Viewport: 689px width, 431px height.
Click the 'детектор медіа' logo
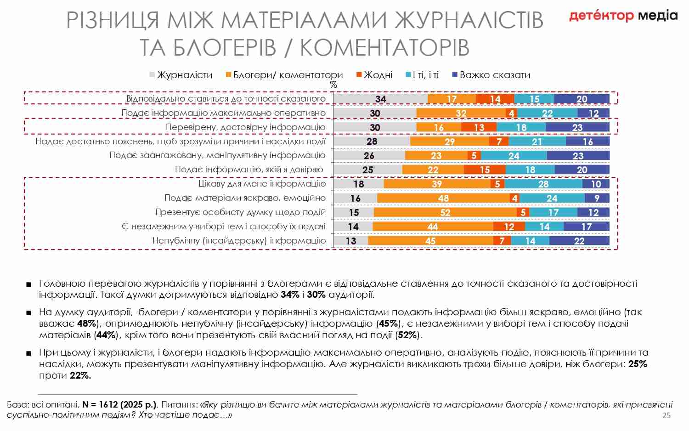tap(623, 16)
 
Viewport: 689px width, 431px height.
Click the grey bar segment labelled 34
tap(380, 99)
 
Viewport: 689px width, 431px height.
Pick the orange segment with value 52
tap(445, 212)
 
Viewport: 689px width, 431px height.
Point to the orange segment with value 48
tap(443, 198)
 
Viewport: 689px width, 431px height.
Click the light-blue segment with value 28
tap(543, 184)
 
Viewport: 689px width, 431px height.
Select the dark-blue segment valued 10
tap(596, 184)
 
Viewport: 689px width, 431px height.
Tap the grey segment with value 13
tap(351, 241)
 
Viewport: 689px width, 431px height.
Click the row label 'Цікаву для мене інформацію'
tap(262, 184)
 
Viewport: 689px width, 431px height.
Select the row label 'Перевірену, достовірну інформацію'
tap(245, 127)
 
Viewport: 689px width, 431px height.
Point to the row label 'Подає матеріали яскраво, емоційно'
tap(245, 198)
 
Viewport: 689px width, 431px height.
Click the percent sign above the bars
tap(333, 85)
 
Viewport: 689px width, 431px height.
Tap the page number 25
tap(666, 415)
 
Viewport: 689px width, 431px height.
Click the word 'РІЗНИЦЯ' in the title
tap(113, 21)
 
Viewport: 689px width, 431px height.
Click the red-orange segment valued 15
tap(485, 170)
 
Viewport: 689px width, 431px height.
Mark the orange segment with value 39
tap(437, 184)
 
